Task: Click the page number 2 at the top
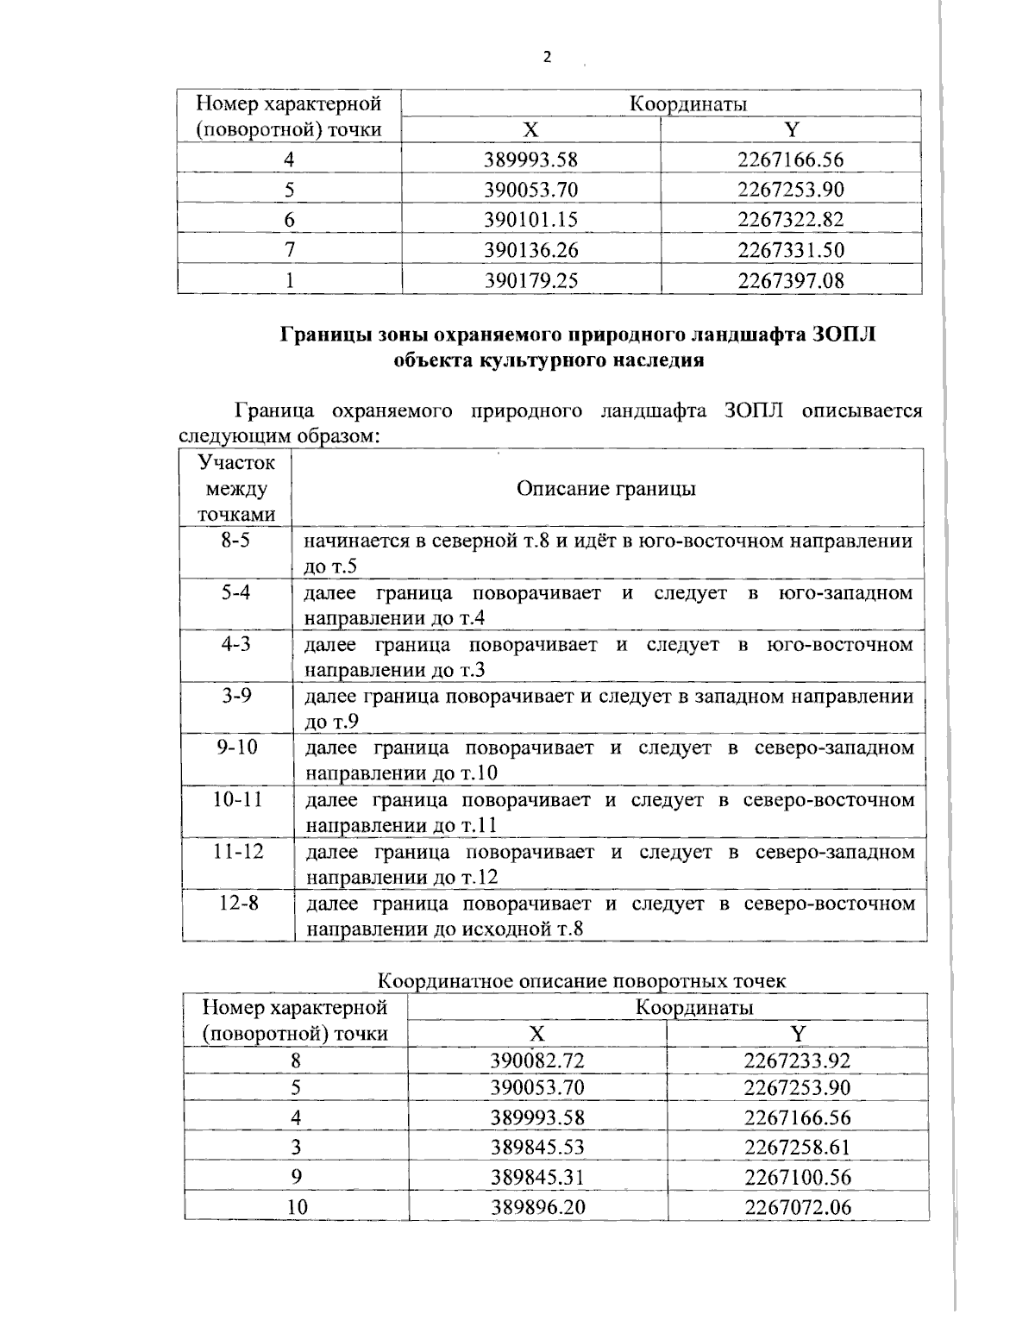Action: pyautogui.click(x=546, y=58)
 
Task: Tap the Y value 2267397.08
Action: pyautogui.click(x=790, y=280)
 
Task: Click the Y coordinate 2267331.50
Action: pyautogui.click(x=790, y=250)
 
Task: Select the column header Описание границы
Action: pyautogui.click(x=606, y=489)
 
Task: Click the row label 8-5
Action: pyautogui.click(x=236, y=541)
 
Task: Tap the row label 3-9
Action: pyautogui.click(x=236, y=696)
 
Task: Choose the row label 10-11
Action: pyautogui.click(x=237, y=799)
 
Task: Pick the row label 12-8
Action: pyautogui.click(x=237, y=903)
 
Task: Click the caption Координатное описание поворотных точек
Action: pyautogui.click(x=582, y=981)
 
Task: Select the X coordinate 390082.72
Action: pyautogui.click(x=537, y=1061)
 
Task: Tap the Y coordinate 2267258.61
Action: pyautogui.click(x=797, y=1147)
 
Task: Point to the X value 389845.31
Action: pyautogui.click(x=537, y=1177)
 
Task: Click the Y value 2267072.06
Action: pyautogui.click(x=797, y=1207)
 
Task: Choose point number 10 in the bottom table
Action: pyautogui.click(x=296, y=1207)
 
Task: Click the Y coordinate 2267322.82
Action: pyautogui.click(x=790, y=220)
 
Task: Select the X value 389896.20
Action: pyautogui.click(x=537, y=1207)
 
